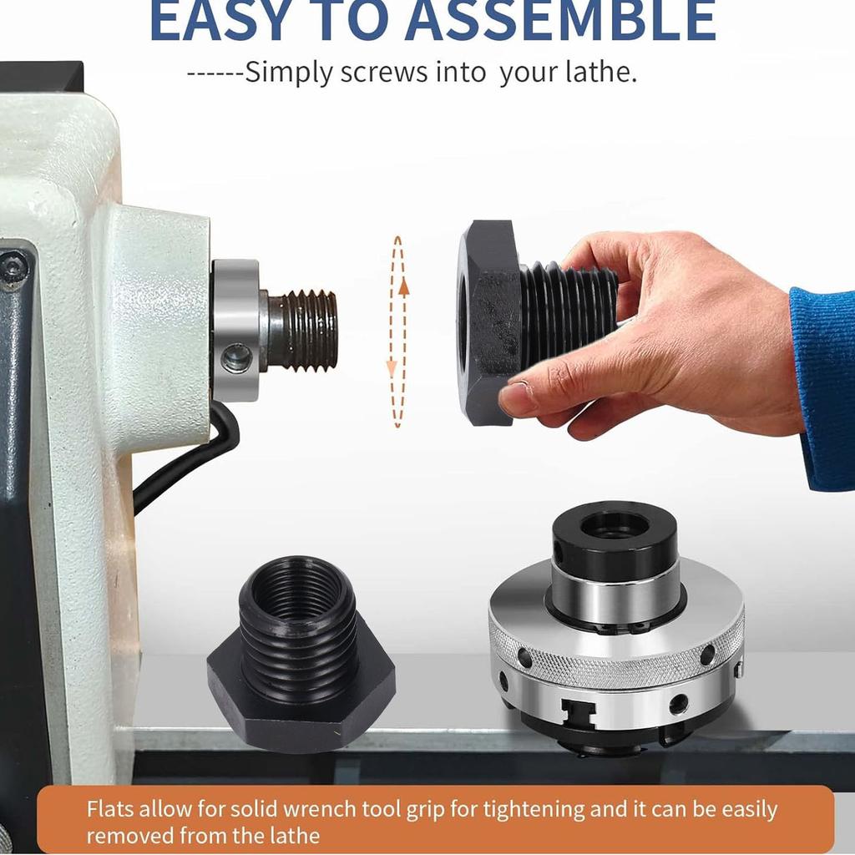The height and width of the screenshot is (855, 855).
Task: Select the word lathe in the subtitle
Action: [x=598, y=72]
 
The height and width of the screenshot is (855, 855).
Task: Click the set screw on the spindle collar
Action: [x=237, y=358]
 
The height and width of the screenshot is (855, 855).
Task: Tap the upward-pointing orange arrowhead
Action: [x=403, y=288]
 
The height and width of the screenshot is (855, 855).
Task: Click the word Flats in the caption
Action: [x=109, y=809]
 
